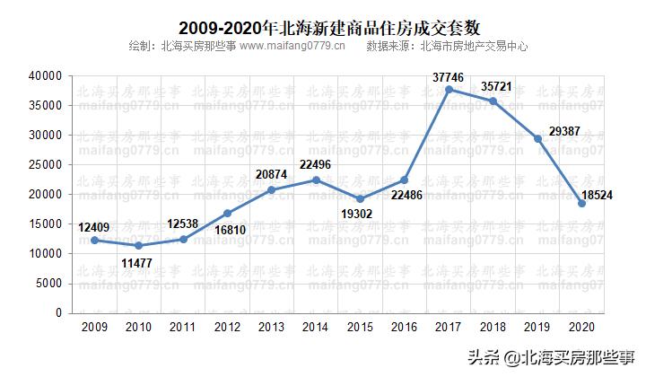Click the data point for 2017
tap(449, 89)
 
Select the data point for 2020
tap(581, 203)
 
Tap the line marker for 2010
tap(138, 245)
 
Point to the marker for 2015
tap(360, 198)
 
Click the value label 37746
tap(449, 76)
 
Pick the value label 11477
tap(139, 261)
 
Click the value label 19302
tap(361, 214)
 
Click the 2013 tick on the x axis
tap(271, 326)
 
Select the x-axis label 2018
tap(493, 326)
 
